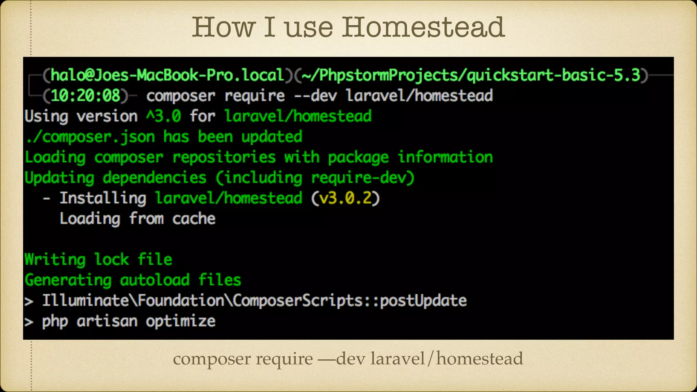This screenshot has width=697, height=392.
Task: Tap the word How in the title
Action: pos(224,27)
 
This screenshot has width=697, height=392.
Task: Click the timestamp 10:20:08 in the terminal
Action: pos(85,96)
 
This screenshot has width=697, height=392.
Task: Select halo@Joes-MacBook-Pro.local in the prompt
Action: pos(167,75)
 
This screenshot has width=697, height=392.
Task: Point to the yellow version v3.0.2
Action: pos(345,198)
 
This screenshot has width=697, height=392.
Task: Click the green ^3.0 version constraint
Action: pos(164,116)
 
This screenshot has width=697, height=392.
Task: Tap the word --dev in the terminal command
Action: pos(315,96)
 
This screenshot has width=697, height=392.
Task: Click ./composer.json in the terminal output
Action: pos(90,137)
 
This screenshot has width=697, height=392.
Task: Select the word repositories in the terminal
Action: pos(224,157)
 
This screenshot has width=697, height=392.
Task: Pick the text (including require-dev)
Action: pos(315,178)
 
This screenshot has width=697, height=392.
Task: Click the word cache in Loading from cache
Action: pos(194,219)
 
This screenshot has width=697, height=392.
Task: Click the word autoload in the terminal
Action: pos(155,280)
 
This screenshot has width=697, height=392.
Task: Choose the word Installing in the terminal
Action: pos(103,198)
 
